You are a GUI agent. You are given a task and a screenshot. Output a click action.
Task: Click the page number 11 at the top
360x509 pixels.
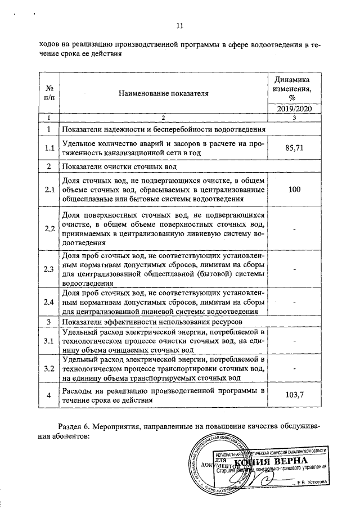180,25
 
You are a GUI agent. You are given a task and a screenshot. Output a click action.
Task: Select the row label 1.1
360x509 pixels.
49,148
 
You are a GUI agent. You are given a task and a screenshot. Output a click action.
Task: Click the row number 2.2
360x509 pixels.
49,229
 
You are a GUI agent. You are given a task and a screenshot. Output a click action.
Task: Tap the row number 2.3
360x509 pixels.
49,269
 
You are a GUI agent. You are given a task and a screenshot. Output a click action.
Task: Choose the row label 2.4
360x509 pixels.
49,303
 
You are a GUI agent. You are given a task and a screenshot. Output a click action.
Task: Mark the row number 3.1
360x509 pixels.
49,341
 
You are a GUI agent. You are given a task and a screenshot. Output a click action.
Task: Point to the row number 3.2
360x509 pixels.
49,368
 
